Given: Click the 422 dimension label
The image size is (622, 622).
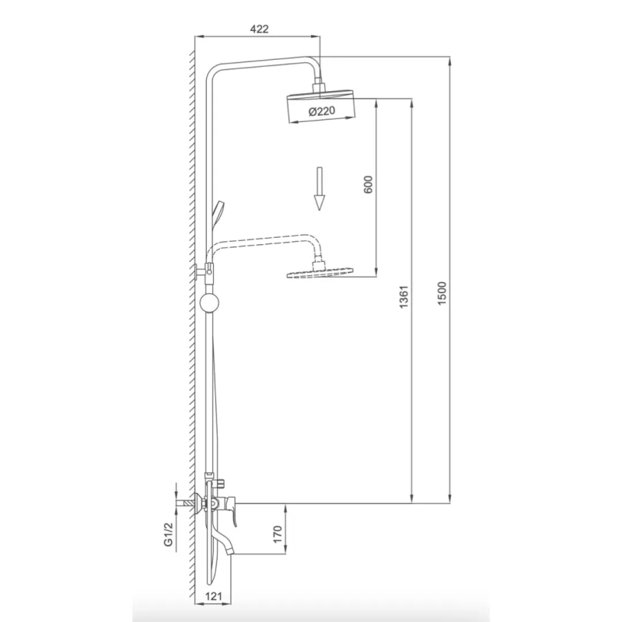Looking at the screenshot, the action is [260, 29].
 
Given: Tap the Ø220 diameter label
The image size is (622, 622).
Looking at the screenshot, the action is [322, 111].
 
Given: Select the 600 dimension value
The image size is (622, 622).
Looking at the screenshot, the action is [368, 184].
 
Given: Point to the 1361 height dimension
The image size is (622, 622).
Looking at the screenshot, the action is [404, 297].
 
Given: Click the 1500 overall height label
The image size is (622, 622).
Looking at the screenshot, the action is [442, 294].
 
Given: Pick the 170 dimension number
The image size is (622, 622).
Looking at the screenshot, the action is [278, 534].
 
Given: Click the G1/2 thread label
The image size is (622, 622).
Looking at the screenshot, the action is [169, 534].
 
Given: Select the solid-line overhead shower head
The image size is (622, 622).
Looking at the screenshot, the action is [320, 107].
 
